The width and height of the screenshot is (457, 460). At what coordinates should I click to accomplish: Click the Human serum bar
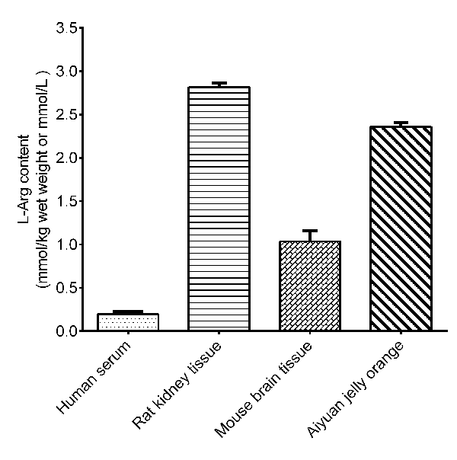[x=128, y=322]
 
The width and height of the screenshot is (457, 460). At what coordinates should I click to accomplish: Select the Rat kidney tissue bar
[x=219, y=209]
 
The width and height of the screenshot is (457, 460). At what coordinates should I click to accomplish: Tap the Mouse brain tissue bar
[x=309, y=286]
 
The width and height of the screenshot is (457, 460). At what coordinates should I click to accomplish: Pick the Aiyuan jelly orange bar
[x=401, y=228]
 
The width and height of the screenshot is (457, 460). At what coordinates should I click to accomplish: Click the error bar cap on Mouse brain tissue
[x=309, y=231]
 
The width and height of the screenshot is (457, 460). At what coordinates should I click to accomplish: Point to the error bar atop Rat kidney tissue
[x=219, y=83]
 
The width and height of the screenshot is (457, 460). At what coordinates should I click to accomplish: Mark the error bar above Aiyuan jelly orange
[x=401, y=123]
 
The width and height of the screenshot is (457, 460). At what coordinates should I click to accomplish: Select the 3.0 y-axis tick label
[x=66, y=72]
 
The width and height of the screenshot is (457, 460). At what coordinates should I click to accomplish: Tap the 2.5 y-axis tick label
[x=66, y=115]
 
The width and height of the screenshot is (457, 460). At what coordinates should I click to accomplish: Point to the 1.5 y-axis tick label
[x=66, y=202]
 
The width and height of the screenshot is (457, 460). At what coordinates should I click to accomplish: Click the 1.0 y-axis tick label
[x=66, y=244]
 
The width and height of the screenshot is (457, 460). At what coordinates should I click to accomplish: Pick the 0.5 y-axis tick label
[x=66, y=288]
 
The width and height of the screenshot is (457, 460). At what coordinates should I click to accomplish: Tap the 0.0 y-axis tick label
[x=66, y=331]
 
